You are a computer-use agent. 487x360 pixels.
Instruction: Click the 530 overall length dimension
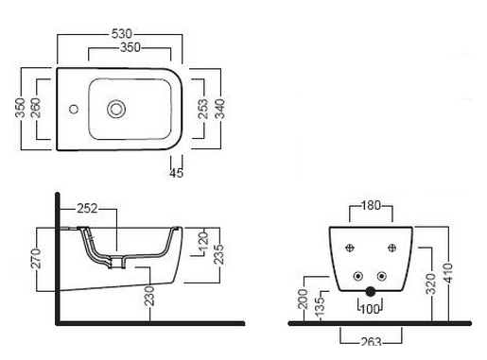[x=122, y=33]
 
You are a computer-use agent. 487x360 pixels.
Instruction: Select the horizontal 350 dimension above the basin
[x=130, y=47]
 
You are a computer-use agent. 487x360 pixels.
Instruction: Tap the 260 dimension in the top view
[x=36, y=108]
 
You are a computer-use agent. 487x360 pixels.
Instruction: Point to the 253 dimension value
[x=203, y=109]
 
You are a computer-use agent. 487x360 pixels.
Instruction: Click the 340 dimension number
[x=219, y=109]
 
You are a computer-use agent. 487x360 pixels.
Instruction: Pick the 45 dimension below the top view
[x=176, y=173]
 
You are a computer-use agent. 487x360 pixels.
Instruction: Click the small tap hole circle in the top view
[x=74, y=110]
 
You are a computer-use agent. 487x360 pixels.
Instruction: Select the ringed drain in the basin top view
[x=116, y=109]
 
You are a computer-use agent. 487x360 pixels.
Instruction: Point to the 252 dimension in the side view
[x=88, y=209]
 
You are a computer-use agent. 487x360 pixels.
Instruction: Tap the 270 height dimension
[x=36, y=258]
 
